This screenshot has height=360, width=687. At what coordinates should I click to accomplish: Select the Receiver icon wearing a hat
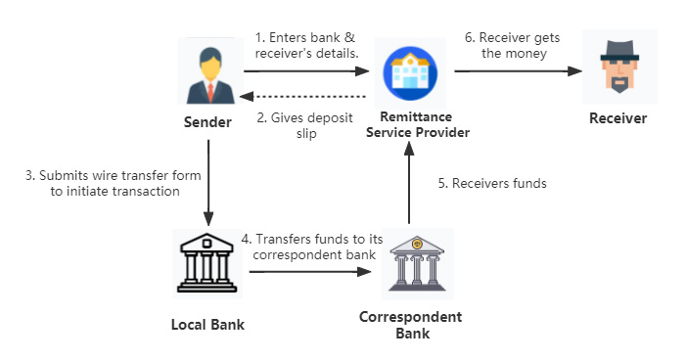pyautogui.click(x=617, y=67)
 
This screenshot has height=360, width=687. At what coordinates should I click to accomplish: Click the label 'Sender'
pyautogui.click(x=207, y=122)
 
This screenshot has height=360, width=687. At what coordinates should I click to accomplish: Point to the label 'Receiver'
pyautogui.click(x=618, y=118)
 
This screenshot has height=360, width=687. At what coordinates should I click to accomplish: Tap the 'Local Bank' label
pyautogui.click(x=207, y=324)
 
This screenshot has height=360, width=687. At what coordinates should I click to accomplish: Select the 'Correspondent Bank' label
pyautogui.click(x=410, y=325)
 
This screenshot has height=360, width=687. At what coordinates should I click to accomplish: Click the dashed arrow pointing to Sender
pyautogui.click(x=307, y=97)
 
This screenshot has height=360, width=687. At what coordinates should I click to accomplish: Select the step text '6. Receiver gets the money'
pyautogui.click(x=513, y=45)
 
